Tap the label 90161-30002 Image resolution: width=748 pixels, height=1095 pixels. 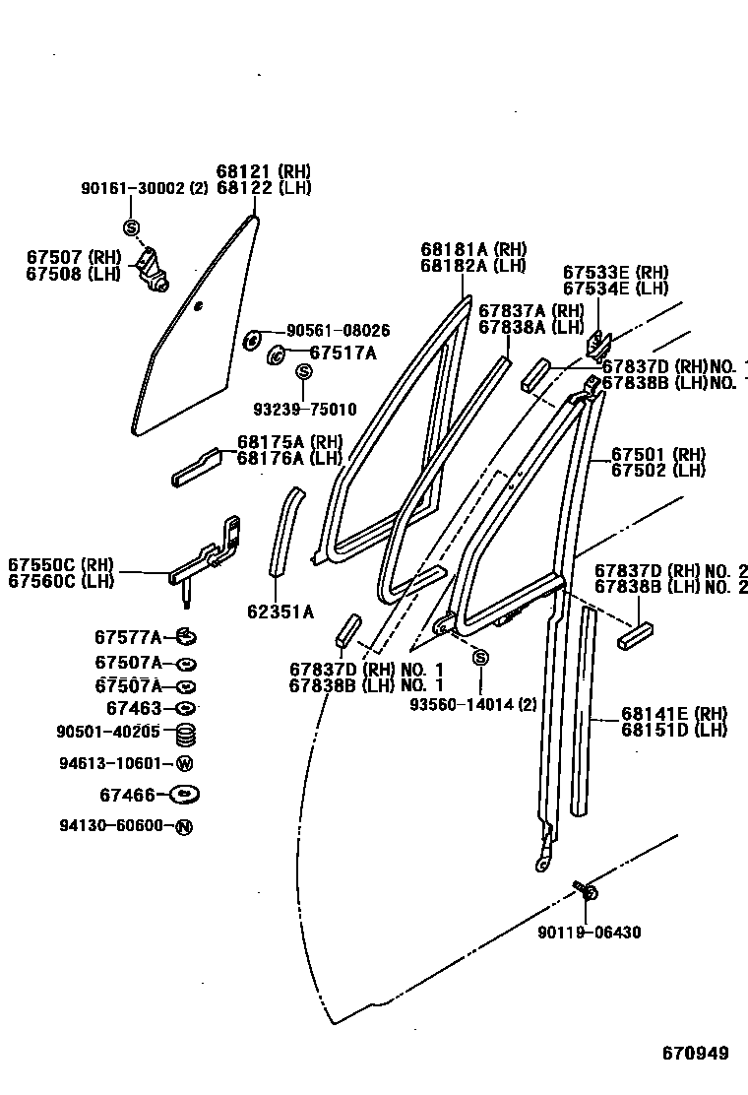133,188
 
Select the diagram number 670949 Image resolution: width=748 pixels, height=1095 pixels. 694,1053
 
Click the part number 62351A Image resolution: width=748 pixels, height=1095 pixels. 280,612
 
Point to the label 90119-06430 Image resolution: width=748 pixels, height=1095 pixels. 590,932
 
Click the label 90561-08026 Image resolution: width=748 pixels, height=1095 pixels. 338,331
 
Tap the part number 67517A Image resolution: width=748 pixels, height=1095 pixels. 343,353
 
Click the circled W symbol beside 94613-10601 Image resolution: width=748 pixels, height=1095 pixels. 184,763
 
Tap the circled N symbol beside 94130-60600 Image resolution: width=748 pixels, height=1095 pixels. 184,827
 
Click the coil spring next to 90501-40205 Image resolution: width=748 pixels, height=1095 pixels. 184,733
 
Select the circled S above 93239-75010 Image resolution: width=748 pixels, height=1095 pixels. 304,371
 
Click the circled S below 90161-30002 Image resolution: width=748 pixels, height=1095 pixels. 131,227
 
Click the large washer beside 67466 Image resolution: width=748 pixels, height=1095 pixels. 184,794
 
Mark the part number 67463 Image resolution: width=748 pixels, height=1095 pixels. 132,708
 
